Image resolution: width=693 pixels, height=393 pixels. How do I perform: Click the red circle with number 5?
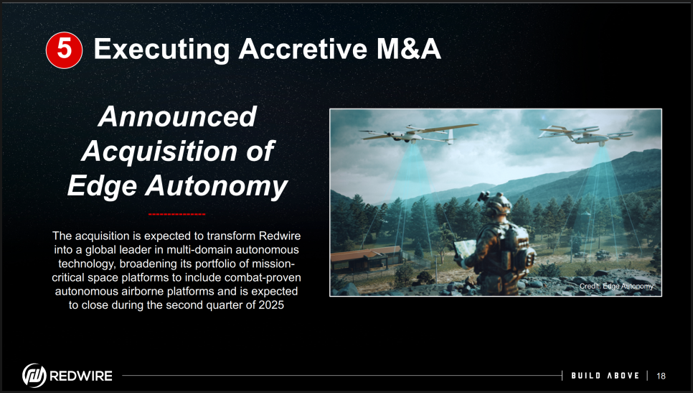coord(64,50)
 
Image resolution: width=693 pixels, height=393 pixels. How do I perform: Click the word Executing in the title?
coord(161,49)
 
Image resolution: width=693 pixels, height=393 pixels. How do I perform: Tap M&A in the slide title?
coord(409,49)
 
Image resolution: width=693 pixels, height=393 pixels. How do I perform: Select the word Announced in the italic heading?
coord(177,116)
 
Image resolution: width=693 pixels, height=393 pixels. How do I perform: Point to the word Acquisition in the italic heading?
coord(158,151)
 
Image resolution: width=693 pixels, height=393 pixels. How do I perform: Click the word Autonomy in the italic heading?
coord(217,186)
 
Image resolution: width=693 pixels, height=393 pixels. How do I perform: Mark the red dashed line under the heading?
coord(176,214)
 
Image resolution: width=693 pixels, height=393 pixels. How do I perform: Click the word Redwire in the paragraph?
coord(280,236)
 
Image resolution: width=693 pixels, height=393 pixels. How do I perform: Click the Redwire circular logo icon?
coord(34,376)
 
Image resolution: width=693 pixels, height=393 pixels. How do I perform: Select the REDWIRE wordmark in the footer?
coord(81,376)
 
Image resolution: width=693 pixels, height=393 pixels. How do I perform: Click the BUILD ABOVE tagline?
coord(605,376)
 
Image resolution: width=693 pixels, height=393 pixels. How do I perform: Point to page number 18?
coord(661,376)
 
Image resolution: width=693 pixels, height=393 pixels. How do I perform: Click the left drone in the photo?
coord(418,134)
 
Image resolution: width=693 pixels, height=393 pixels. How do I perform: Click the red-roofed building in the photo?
coord(366,259)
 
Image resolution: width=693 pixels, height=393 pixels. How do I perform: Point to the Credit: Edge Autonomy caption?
coord(616,287)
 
